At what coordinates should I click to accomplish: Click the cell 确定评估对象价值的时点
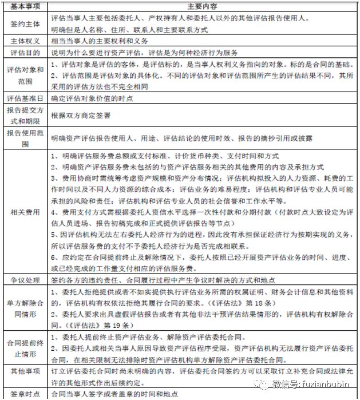pos(92,98)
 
